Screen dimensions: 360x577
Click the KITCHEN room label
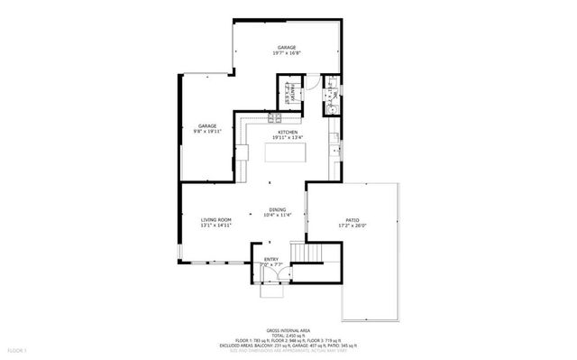pos(288,132)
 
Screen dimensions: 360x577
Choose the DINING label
pos(278,209)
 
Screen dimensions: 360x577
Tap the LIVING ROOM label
pos(216,219)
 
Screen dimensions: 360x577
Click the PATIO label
pos(353,219)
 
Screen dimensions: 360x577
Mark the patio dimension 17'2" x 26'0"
pos(353,226)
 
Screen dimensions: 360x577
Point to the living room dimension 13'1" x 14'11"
pos(216,226)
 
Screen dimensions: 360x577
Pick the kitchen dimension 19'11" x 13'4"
pos(288,137)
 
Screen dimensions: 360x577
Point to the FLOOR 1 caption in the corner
pos(16,349)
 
